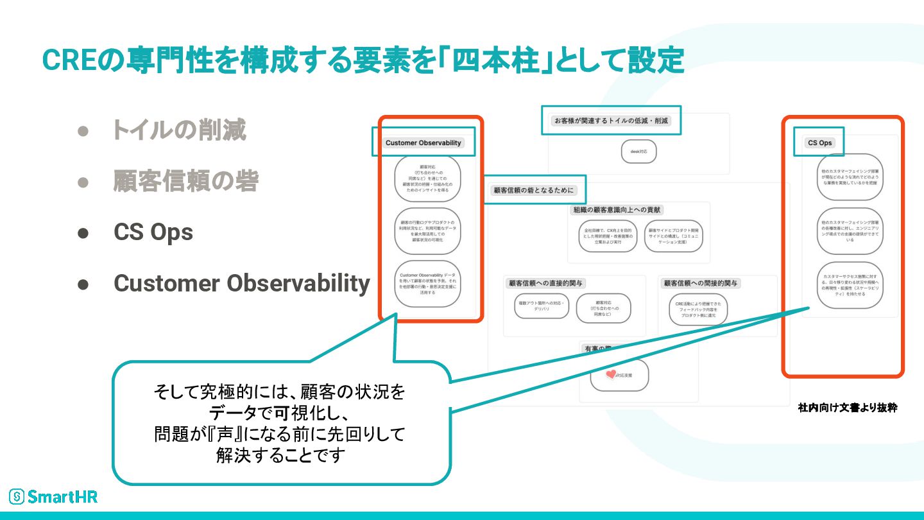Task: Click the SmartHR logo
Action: (x=53, y=496)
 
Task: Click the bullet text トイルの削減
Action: (x=179, y=130)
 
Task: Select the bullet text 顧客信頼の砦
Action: (x=185, y=181)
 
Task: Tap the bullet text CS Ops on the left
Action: (x=153, y=232)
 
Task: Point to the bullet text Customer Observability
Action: (x=241, y=283)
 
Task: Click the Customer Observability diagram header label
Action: (x=424, y=143)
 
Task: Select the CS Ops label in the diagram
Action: (x=819, y=143)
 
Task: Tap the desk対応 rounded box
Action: (x=638, y=152)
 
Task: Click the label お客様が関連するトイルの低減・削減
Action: (x=611, y=120)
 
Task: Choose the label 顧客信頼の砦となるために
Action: (x=534, y=190)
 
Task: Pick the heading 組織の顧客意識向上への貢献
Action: (x=617, y=209)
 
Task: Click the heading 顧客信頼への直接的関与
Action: (x=545, y=283)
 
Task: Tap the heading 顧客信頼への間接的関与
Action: (x=701, y=283)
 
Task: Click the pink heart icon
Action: (x=610, y=374)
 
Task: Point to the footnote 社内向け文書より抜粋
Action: (x=847, y=408)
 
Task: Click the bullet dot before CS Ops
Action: (x=83, y=232)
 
